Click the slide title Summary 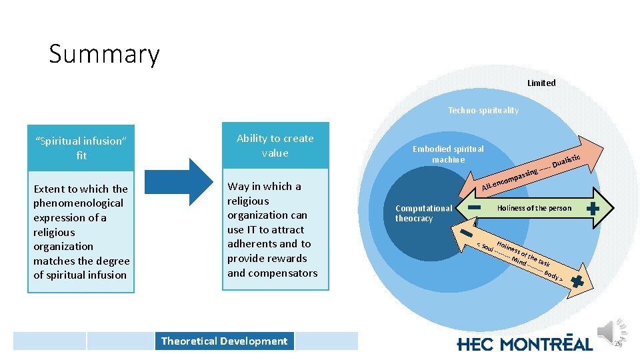104,54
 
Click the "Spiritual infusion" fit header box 81,147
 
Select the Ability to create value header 275,145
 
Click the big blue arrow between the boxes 177,181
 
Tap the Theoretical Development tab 224,341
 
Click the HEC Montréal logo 525,343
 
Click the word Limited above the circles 541,83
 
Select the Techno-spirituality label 483,111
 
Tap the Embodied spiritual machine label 448,154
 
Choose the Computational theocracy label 423,213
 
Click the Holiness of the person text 534,208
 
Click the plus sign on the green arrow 592,208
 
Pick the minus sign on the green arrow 475,208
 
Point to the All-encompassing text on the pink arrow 510,179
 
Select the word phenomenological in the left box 78,203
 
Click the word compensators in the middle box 272,273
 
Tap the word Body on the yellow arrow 553,275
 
